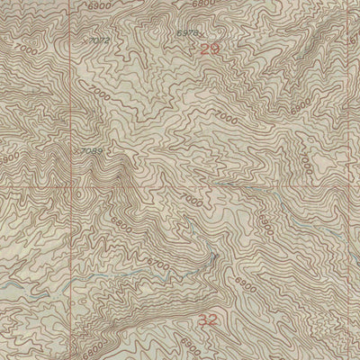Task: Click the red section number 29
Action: click(209, 49)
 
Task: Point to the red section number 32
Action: click(209, 319)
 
